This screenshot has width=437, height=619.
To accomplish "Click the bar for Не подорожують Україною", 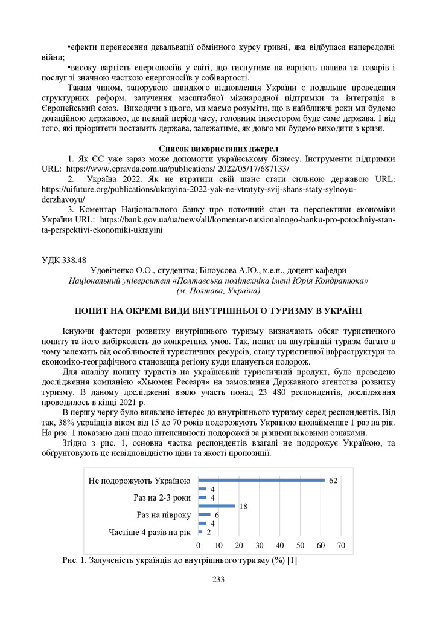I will pos(261,480).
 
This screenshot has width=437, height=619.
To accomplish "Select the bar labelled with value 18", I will pos(216,506).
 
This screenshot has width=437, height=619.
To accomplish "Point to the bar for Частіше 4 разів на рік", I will pos(200,532).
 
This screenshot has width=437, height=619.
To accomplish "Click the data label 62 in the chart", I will pos(333,480).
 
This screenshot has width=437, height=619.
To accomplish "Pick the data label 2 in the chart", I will pos(209,532).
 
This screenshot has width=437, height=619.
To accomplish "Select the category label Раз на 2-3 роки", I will pos(162,497).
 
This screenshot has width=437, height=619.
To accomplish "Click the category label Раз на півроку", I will pos(164,515).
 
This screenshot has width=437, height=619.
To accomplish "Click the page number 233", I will pos(218,580).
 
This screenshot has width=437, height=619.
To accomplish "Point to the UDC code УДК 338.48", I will pos(64,261).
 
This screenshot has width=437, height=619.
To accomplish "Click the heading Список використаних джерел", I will pos(218,148).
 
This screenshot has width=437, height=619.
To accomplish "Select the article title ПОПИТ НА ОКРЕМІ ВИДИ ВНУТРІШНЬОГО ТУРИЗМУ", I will pos(218,311).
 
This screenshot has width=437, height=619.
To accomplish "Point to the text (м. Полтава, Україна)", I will pos(218,291).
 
